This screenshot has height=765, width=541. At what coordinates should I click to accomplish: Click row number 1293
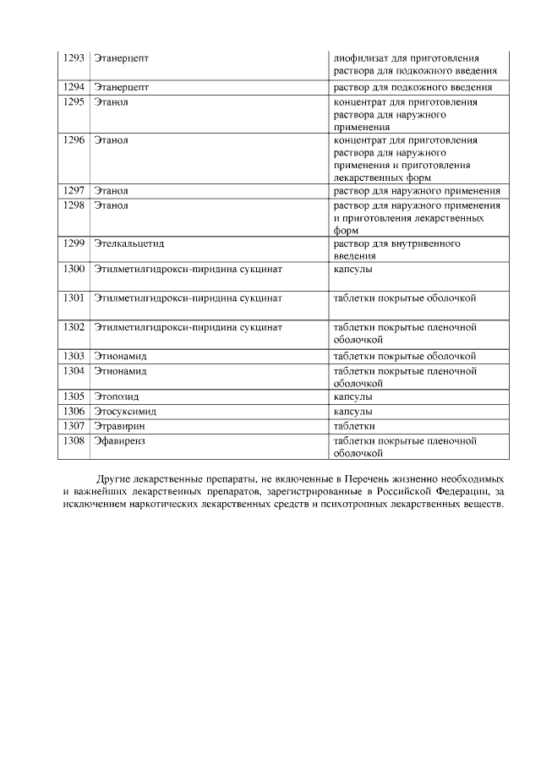[74, 57]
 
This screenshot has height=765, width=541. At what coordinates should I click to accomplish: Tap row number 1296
[74, 140]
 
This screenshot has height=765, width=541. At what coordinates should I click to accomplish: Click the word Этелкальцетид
[128, 243]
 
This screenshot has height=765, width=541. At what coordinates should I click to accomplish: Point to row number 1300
[74, 270]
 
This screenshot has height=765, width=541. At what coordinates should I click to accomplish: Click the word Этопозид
[117, 396]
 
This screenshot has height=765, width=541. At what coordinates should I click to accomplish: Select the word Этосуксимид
[126, 411]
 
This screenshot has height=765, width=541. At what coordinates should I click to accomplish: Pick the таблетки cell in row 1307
[354, 426]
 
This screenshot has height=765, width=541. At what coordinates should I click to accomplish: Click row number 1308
[74, 440]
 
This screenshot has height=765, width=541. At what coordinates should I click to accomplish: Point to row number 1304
[74, 370]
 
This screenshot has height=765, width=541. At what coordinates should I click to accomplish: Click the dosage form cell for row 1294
[420, 87]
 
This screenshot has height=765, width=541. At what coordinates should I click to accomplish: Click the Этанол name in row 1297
[111, 191]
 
